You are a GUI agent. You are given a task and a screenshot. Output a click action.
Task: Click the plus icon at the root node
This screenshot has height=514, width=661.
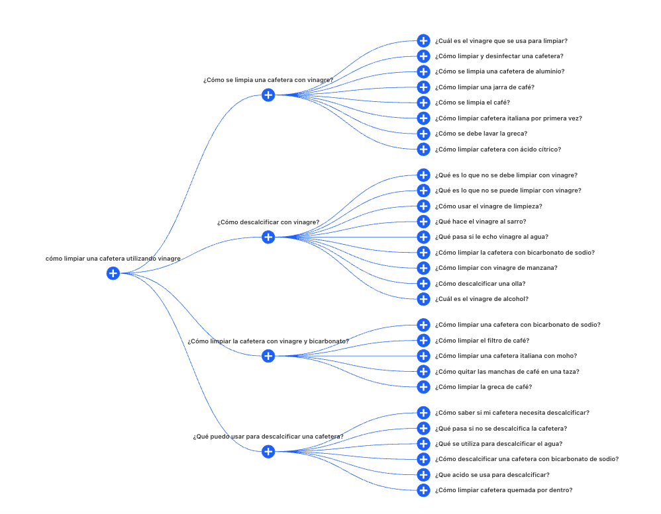[x=113, y=273]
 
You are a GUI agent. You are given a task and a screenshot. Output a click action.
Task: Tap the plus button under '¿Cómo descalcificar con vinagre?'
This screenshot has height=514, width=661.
[x=268, y=237]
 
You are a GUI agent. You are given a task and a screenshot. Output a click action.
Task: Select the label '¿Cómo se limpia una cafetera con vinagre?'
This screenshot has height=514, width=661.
[x=268, y=80]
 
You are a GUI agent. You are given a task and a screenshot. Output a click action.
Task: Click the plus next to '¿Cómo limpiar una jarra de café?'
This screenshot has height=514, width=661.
[x=424, y=87]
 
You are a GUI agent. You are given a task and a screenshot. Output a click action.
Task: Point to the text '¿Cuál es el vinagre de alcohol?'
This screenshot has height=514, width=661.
[x=482, y=299]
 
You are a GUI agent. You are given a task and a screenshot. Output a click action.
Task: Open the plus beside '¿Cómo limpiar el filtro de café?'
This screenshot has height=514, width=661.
[x=424, y=341]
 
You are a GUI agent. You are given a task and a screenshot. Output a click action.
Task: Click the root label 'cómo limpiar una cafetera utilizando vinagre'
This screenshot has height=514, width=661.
[x=113, y=259]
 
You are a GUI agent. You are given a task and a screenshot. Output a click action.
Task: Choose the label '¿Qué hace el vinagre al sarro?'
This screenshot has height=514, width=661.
[x=480, y=222]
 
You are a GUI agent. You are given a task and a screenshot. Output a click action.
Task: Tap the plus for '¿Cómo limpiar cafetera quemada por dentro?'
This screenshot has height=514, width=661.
[x=424, y=490]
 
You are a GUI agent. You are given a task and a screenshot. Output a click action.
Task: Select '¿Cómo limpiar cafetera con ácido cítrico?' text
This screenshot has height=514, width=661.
[x=497, y=150]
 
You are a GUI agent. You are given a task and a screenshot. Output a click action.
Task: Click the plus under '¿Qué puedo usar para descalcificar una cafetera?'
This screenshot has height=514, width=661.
[x=268, y=451]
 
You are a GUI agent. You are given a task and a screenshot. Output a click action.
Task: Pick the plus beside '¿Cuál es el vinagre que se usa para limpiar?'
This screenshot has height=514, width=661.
[x=424, y=41]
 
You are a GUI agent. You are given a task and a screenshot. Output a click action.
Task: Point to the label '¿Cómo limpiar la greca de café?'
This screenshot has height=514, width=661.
[x=483, y=387]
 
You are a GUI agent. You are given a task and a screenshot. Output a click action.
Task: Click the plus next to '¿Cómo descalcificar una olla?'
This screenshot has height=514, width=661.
[x=424, y=284]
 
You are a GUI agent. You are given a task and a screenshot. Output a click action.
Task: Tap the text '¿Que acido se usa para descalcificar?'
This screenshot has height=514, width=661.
[x=492, y=475]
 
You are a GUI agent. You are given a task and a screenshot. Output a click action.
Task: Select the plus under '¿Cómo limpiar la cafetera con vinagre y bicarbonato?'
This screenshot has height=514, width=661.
[x=268, y=356]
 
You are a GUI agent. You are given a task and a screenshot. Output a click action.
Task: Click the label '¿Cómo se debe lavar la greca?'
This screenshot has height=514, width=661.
[x=481, y=134]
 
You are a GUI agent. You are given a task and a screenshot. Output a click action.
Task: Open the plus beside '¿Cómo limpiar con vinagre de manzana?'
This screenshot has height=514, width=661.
[x=424, y=268]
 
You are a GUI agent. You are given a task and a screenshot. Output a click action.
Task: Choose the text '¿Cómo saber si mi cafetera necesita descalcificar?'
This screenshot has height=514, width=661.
[x=512, y=413]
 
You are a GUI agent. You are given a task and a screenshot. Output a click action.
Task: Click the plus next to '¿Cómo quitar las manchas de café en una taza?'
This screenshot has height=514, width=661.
[x=424, y=372]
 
